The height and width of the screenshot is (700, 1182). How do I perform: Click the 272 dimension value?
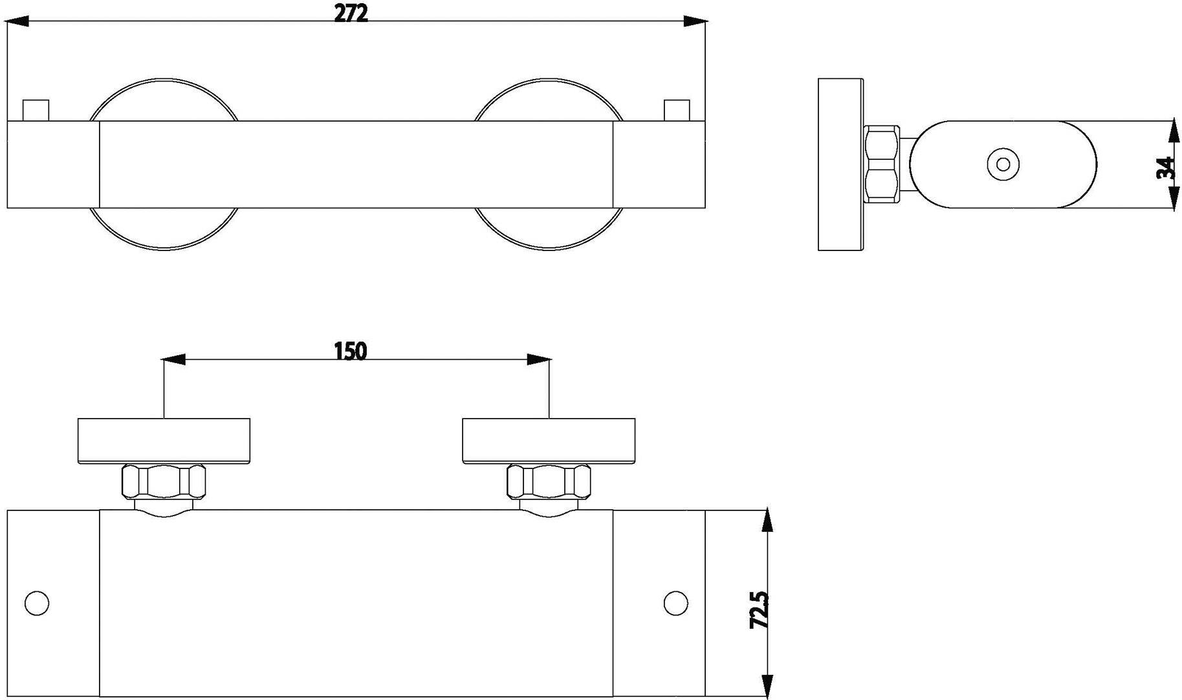coord(351,13)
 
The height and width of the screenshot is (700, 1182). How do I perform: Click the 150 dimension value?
coord(350,351)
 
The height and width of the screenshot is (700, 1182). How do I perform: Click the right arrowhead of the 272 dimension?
coord(695,21)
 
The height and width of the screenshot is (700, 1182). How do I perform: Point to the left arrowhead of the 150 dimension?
coord(173,360)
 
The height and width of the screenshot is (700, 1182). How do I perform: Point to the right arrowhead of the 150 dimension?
coord(538,360)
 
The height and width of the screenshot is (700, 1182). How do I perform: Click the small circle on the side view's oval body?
coord(1003,164)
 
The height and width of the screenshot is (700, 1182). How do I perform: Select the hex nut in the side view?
coord(881,165)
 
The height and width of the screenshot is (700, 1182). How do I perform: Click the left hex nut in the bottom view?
coord(164,481)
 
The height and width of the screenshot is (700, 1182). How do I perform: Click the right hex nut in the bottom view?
coord(549,481)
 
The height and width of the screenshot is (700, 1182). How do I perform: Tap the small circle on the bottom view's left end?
coord(37,603)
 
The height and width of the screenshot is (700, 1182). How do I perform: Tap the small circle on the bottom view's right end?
coord(675,603)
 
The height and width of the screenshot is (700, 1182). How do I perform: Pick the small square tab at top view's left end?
coord(36,110)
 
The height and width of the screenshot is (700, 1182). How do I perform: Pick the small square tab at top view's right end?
coord(677,110)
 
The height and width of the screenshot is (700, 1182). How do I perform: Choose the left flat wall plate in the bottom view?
coord(164,441)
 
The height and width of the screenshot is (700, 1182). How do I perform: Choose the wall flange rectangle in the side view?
coord(840,164)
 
